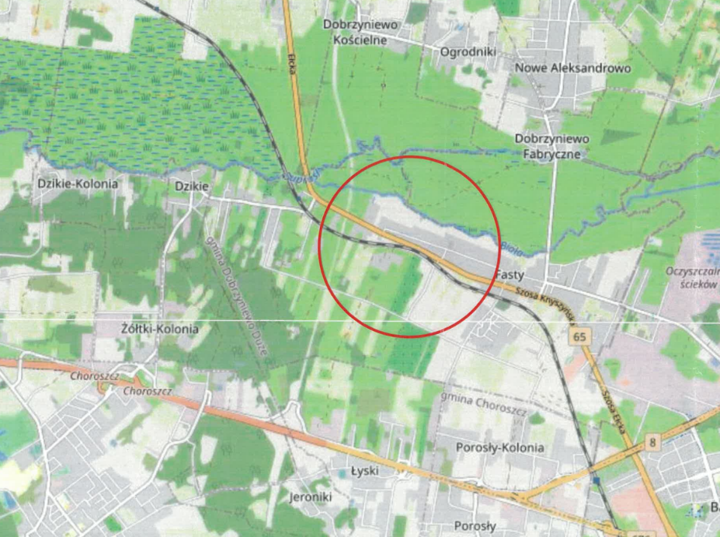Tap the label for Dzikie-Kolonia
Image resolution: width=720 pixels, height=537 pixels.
coord(78,184)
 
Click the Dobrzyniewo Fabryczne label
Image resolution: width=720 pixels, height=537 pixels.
coord(552,146)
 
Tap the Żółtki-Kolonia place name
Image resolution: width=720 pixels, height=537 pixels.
coord(160,329)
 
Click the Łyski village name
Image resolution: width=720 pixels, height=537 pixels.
coord(363,471)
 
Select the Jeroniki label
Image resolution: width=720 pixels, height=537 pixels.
coord(310,497)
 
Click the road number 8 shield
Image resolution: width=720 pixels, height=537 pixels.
coord(651,442)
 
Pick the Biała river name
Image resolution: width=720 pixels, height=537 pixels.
coord(510,248)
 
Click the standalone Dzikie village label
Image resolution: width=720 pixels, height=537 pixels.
coord(191,185)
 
